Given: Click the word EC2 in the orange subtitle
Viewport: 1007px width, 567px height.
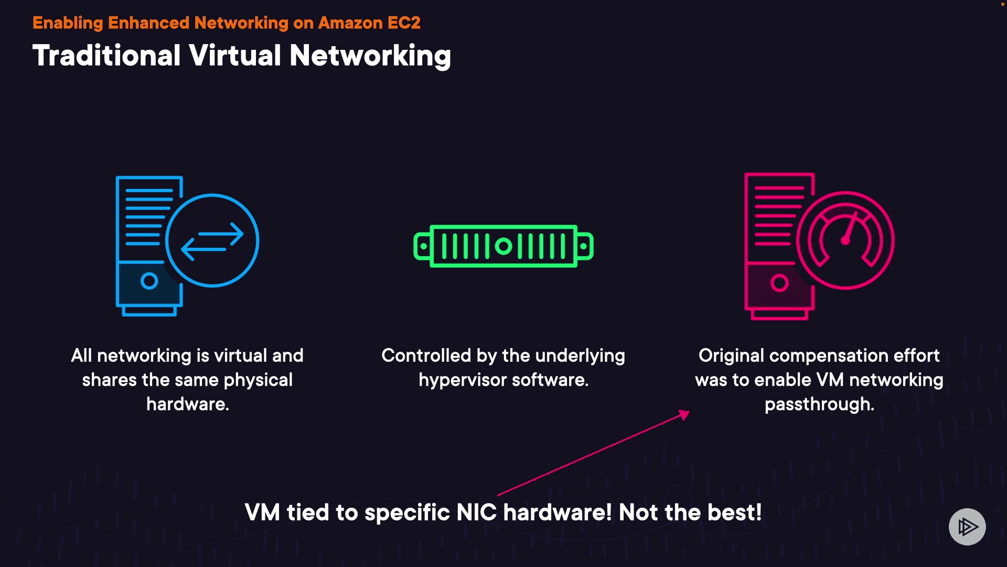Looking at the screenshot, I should point(403,23).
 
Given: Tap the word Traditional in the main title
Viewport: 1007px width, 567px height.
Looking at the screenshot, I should point(106,56).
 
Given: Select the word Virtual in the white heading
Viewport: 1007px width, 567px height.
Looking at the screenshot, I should point(235,56).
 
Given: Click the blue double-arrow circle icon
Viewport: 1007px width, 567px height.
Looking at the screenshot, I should point(212,240).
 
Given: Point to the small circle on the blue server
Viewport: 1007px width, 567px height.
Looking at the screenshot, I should point(149,281).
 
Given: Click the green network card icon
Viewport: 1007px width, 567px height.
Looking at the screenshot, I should point(504,246).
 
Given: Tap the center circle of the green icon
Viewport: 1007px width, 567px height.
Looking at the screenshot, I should point(504,246).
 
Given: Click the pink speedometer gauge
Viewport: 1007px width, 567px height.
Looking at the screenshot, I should point(845,240).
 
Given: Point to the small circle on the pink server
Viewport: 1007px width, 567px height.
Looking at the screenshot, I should point(779,283).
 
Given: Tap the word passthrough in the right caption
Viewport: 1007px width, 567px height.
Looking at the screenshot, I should point(819,404).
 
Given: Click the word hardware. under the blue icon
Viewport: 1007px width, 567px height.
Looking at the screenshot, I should point(188,404).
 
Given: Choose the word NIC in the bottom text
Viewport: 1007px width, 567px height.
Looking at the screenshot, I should point(476,512).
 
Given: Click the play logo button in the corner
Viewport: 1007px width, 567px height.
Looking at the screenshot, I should point(967,527).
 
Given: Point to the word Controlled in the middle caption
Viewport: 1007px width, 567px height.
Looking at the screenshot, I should point(426,355).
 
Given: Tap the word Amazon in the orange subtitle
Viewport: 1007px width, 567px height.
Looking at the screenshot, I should point(350,23).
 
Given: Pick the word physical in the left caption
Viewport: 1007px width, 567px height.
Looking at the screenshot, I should point(258,380).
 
